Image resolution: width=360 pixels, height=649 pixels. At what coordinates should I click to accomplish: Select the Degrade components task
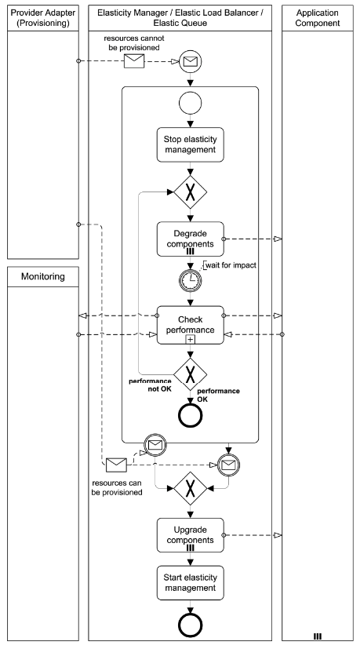(x=191, y=239)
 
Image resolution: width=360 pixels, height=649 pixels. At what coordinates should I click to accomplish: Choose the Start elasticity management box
(x=191, y=582)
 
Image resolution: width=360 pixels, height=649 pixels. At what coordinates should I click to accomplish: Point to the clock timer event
(x=191, y=279)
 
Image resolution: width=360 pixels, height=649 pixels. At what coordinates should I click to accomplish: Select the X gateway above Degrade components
(x=191, y=191)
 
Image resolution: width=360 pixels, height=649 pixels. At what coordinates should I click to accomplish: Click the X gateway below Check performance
(x=191, y=374)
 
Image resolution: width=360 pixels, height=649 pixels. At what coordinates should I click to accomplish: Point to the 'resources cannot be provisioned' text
(x=134, y=42)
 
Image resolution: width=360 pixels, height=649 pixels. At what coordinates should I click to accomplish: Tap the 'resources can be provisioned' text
(x=117, y=487)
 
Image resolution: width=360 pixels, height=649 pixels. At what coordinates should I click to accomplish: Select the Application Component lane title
(x=316, y=19)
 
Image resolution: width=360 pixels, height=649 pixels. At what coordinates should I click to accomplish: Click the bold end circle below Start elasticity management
(x=191, y=626)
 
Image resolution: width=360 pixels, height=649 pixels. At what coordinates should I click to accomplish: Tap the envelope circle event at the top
(x=191, y=60)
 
